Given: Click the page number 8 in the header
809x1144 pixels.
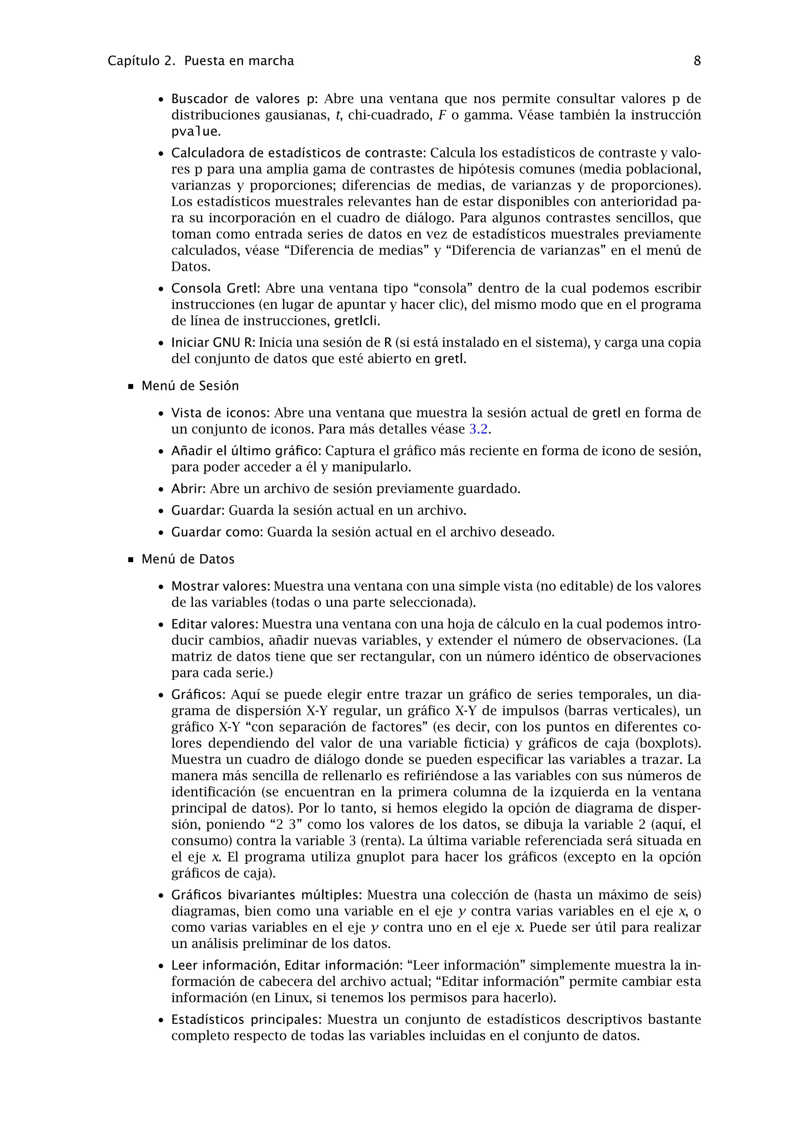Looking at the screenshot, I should (697, 61).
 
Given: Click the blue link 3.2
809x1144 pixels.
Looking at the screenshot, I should (478, 429).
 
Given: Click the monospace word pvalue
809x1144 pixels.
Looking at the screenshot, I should (194, 132).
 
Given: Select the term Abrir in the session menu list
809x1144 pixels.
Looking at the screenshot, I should (188, 489).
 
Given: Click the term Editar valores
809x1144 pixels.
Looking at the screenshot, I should (214, 624).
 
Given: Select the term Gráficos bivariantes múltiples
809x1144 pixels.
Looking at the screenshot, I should (266, 895).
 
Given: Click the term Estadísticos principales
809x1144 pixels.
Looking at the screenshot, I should (246, 1020).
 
